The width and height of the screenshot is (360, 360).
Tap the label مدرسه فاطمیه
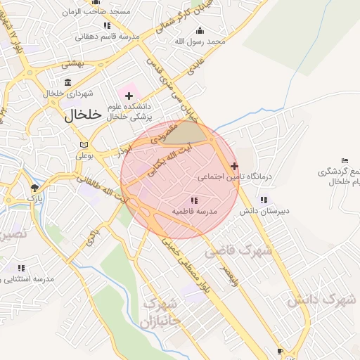195,211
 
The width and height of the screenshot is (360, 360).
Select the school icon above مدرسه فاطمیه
194,200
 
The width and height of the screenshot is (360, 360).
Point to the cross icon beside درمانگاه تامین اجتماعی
234,166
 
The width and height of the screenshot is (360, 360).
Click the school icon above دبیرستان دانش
264,200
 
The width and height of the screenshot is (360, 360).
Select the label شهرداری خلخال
64,94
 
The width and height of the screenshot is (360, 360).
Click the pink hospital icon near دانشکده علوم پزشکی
129,95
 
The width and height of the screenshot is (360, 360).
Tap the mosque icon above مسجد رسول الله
200,30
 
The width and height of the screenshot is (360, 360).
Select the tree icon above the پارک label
34,187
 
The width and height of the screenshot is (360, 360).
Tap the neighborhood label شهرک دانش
321,300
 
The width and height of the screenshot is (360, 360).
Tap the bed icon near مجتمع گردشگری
344,161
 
